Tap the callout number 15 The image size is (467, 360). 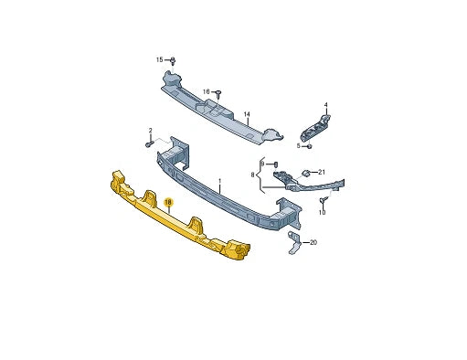[x=159, y=59]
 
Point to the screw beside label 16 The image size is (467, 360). [x=219, y=92]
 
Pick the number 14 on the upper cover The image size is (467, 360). [x=246, y=115]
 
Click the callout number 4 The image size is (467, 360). [x=325, y=105]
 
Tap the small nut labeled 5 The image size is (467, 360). [x=311, y=145]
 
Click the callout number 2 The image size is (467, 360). [x=151, y=132]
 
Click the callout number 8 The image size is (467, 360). [x=253, y=173]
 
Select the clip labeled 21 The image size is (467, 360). [x=307, y=172]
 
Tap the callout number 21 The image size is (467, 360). [x=321, y=171]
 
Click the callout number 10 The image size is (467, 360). [x=322, y=213]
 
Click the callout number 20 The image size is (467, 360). [x=313, y=242]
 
